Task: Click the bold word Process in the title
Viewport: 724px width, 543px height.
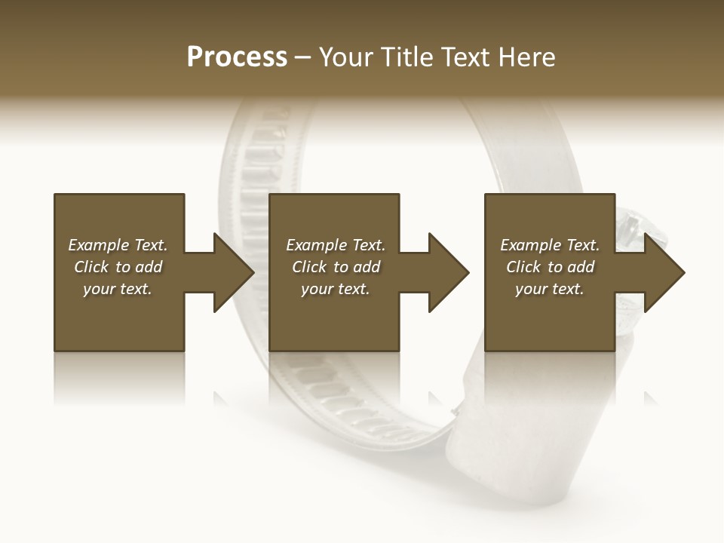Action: (x=237, y=57)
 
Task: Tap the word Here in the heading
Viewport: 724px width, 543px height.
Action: (x=526, y=57)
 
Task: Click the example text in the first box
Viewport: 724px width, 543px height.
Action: (x=118, y=267)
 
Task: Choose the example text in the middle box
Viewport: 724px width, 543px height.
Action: (x=335, y=267)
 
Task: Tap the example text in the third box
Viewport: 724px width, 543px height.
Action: (x=550, y=267)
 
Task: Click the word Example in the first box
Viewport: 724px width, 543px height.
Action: (x=98, y=245)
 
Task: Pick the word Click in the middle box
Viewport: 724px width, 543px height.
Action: (x=309, y=267)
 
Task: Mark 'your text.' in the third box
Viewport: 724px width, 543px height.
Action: (x=550, y=289)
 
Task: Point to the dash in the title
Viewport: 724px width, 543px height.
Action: (x=302, y=57)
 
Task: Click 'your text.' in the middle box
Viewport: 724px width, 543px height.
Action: (x=335, y=289)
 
